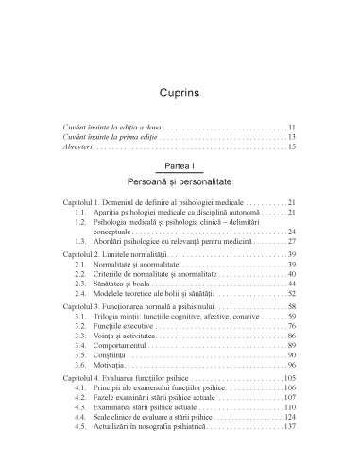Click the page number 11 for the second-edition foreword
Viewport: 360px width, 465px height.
[x=294, y=127]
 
